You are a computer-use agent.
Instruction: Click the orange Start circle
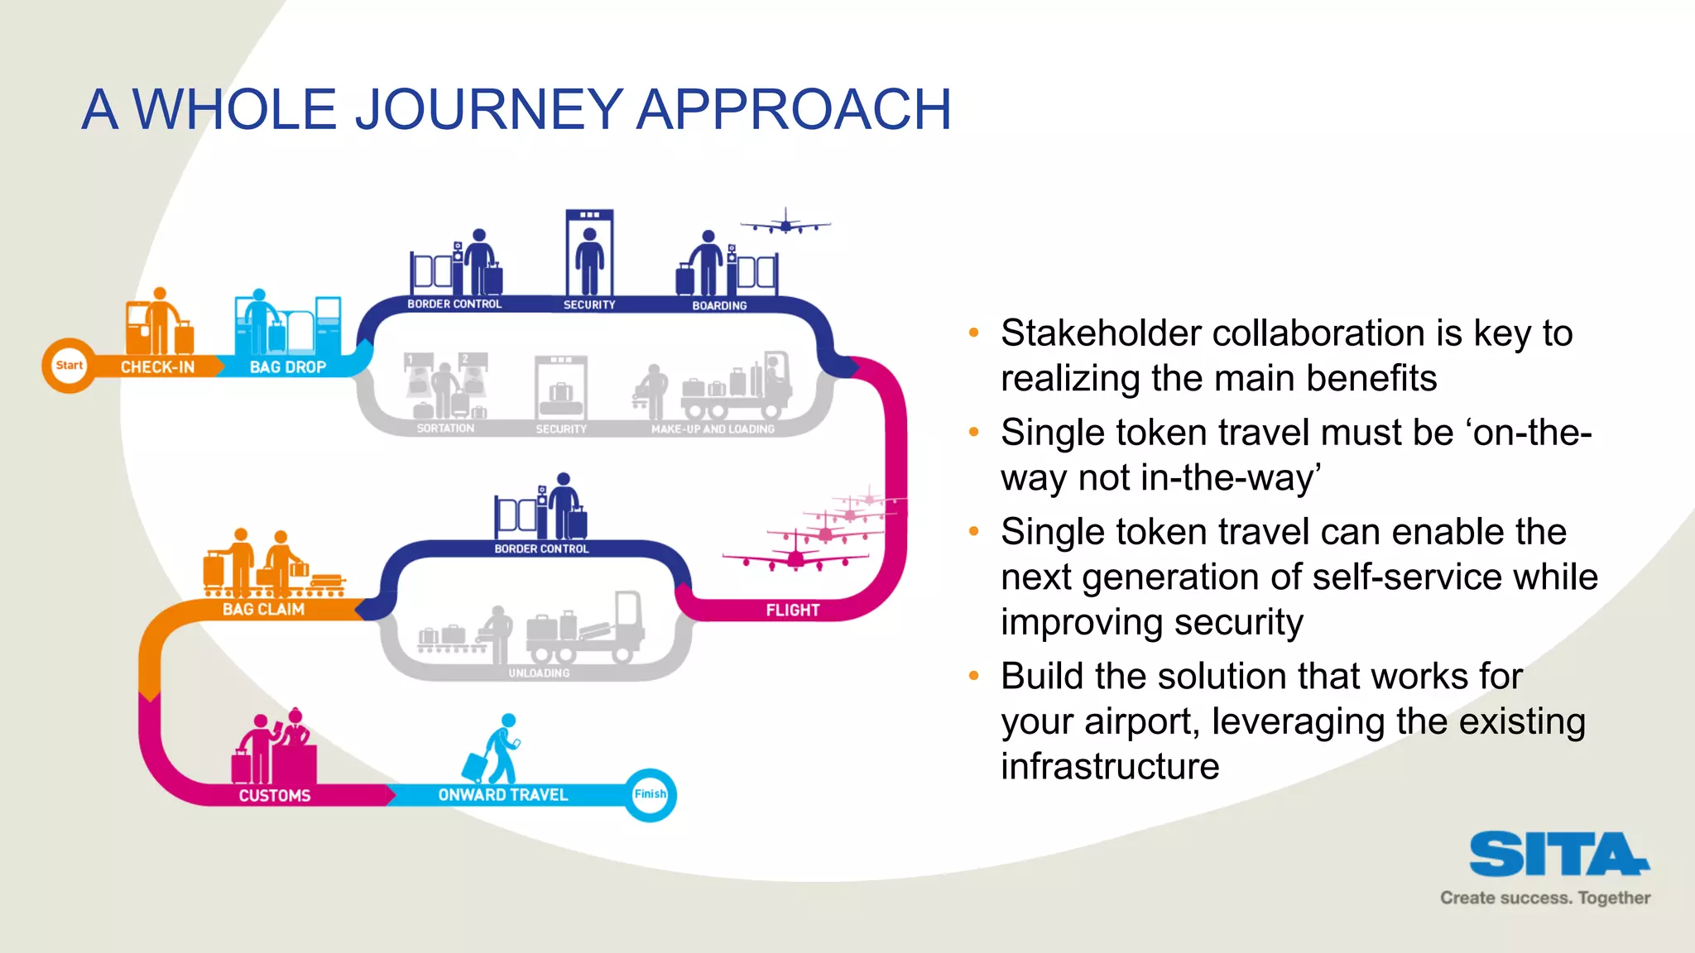tap(69, 366)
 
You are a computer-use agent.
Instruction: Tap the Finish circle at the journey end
tap(650, 794)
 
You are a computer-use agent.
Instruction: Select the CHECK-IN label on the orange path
tap(157, 367)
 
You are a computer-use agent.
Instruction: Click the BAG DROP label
tap(288, 367)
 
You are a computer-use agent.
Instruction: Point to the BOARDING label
tap(719, 306)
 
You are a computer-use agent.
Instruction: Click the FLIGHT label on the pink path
tap(792, 611)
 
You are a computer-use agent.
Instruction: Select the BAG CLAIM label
tap(263, 610)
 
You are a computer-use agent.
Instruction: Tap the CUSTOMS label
tap(275, 796)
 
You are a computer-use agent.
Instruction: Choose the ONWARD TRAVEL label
tap(502, 795)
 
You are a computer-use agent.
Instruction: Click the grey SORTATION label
tap(445, 429)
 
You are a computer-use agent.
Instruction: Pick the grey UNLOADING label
tap(539, 673)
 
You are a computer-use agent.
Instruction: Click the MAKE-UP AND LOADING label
tap(713, 429)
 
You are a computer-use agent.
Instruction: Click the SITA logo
tap(1558, 855)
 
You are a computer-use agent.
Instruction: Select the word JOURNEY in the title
tap(488, 109)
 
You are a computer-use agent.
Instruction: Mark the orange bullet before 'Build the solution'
tap(974, 677)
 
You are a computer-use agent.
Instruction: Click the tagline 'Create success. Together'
tap(1544, 898)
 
